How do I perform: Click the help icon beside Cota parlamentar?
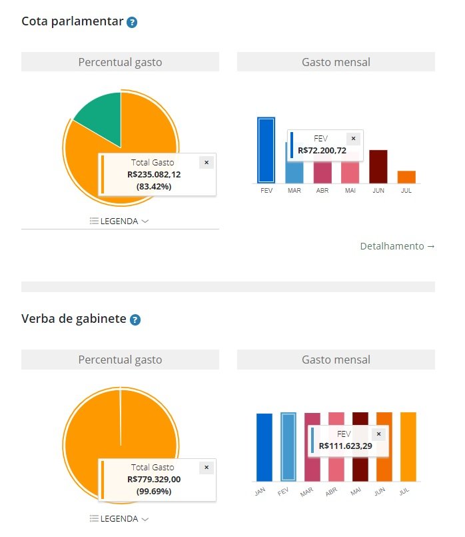click(x=132, y=22)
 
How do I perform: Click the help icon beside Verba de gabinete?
click(x=135, y=320)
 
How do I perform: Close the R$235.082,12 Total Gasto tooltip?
click(x=206, y=162)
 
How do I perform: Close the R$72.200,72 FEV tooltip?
click(x=353, y=139)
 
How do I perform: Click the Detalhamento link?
click(x=397, y=246)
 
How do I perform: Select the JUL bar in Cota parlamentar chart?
click(x=406, y=176)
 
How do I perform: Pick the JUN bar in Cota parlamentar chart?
click(x=378, y=166)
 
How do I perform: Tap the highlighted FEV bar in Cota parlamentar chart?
click(x=266, y=150)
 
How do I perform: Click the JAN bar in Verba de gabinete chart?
click(x=264, y=447)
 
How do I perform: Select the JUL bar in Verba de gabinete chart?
click(x=408, y=446)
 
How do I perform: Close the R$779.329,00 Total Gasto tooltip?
click(x=206, y=468)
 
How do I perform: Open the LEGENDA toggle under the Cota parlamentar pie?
click(x=119, y=221)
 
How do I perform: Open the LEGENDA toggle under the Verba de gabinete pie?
click(x=119, y=518)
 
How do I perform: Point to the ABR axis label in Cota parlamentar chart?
click(x=322, y=191)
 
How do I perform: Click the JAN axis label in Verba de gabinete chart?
click(x=260, y=492)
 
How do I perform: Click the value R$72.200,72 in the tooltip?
click(x=322, y=150)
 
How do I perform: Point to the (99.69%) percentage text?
click(x=154, y=491)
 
